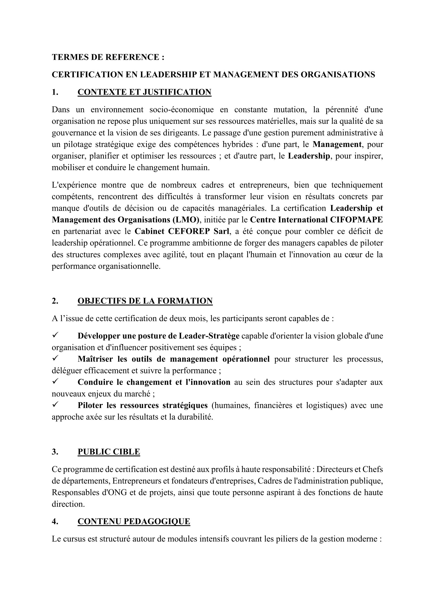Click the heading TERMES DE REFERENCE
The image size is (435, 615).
(x=108, y=57)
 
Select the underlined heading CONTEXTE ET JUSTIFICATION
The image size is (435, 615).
(x=144, y=92)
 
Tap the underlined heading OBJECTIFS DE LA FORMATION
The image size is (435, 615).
(x=145, y=301)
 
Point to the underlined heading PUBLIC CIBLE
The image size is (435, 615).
(x=109, y=452)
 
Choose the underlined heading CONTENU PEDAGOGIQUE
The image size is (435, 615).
(x=134, y=521)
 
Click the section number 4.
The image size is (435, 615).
(x=55, y=521)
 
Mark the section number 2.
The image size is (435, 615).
(x=55, y=301)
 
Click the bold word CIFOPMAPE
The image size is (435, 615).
(x=356, y=220)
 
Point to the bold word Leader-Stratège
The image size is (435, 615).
(x=209, y=336)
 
